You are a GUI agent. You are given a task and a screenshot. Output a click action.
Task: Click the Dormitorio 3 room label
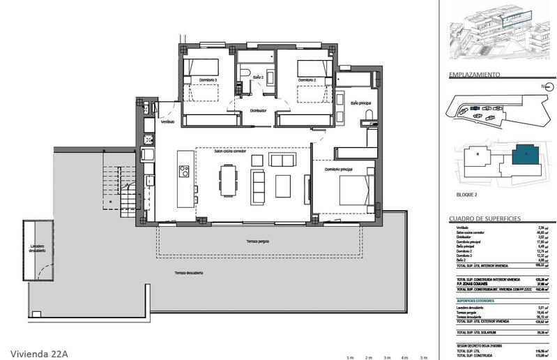click(207, 80)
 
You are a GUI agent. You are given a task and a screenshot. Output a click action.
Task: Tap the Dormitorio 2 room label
click(308, 80)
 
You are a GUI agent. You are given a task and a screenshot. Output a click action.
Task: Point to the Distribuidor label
click(259, 110)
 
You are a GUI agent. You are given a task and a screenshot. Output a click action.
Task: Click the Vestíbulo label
click(167, 121)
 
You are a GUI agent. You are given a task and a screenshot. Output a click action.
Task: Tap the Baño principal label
click(361, 103)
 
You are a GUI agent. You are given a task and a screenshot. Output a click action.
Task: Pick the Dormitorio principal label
click(338, 170)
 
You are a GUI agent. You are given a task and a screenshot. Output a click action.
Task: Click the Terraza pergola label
click(257, 241)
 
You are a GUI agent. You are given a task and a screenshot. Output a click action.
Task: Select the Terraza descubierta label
click(185, 273)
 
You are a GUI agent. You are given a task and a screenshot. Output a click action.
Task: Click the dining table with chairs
click(228, 180)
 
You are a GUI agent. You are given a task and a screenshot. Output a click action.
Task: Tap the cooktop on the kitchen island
click(184, 171)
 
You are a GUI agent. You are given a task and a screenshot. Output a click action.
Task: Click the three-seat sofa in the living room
click(259, 185)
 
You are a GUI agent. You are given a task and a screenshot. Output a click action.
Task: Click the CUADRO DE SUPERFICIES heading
click(484, 219)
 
